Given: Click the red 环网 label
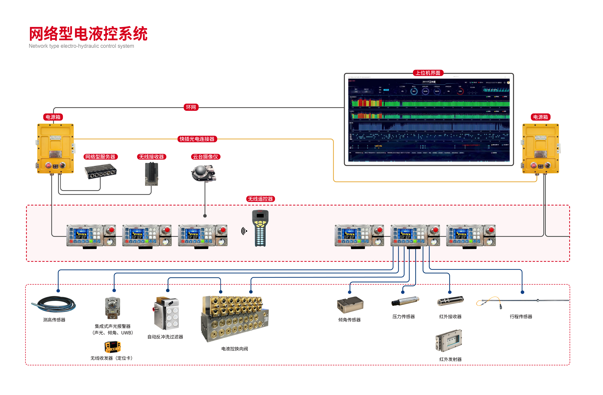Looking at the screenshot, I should point(191,107).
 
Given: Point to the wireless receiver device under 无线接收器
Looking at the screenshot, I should point(152,174).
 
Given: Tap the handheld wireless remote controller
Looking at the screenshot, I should point(260,228).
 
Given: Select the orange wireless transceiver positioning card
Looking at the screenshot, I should point(113,347).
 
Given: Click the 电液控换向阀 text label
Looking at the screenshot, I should point(235,349).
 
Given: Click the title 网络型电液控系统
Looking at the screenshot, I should point(88,34).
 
